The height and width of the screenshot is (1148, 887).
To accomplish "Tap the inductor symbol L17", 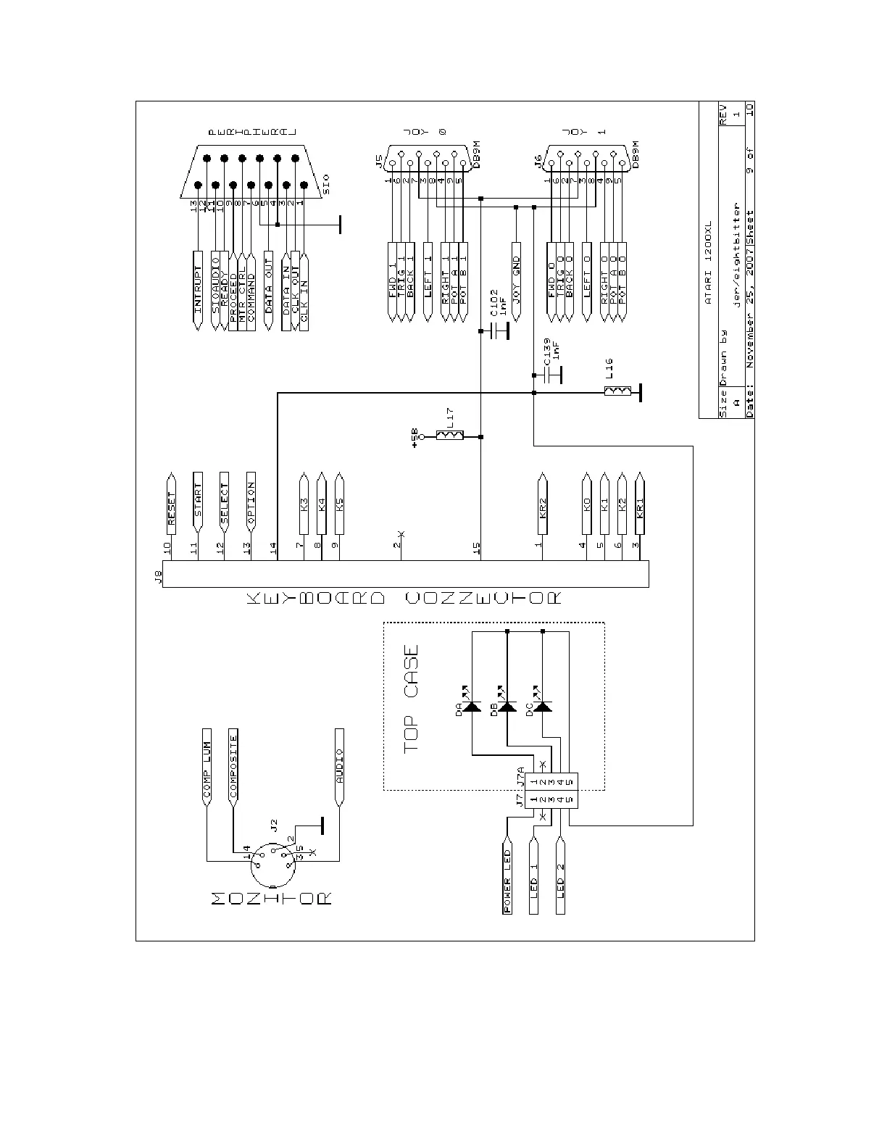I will [x=449, y=436].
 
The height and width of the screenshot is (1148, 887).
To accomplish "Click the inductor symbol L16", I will [x=617, y=392].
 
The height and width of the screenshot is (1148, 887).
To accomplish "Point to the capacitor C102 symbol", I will [x=499, y=331].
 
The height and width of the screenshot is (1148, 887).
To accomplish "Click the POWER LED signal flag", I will [x=507, y=879].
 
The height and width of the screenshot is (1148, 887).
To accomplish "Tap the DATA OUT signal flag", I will [x=268, y=290].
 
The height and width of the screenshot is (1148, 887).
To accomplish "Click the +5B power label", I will [x=415, y=437].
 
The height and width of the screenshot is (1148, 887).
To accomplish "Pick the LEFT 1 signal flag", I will [x=428, y=283].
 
